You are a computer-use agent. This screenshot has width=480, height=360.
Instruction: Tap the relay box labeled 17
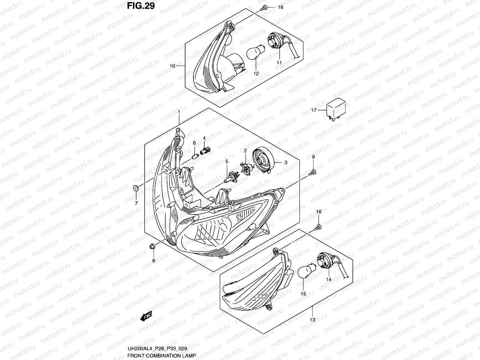click(x=336, y=109)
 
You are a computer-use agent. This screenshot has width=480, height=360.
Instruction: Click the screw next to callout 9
click(x=313, y=172)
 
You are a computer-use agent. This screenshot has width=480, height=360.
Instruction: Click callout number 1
click(x=179, y=112)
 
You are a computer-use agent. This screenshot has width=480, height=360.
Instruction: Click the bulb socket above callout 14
click(x=325, y=261)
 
